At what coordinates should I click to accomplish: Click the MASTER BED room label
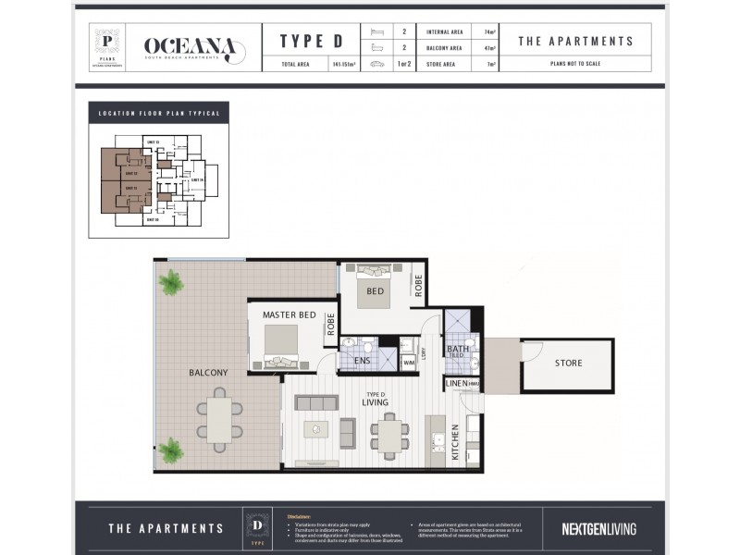pyautogui.click(x=289, y=315)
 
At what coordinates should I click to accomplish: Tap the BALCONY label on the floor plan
pyautogui.click(x=208, y=373)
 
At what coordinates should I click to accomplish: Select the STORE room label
pyautogui.click(x=569, y=364)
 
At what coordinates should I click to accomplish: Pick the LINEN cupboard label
pyautogui.click(x=456, y=384)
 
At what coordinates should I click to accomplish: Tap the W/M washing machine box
pyautogui.click(x=409, y=362)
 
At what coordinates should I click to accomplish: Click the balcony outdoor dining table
pyautogui.click(x=219, y=419)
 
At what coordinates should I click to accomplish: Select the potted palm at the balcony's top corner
pyautogui.click(x=170, y=281)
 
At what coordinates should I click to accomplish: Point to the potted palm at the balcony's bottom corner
pyautogui.click(x=170, y=450)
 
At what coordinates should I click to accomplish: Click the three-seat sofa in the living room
pyautogui.click(x=315, y=403)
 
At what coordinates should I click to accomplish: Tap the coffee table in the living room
pyautogui.click(x=315, y=429)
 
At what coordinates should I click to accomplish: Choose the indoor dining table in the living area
pyautogui.click(x=389, y=434)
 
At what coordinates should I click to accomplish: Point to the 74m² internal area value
pyautogui.click(x=489, y=31)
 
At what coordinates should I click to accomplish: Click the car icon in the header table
pyautogui.click(x=376, y=65)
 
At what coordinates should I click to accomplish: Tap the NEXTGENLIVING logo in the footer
pyautogui.click(x=598, y=529)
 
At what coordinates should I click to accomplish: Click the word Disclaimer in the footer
pyautogui.click(x=299, y=516)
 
